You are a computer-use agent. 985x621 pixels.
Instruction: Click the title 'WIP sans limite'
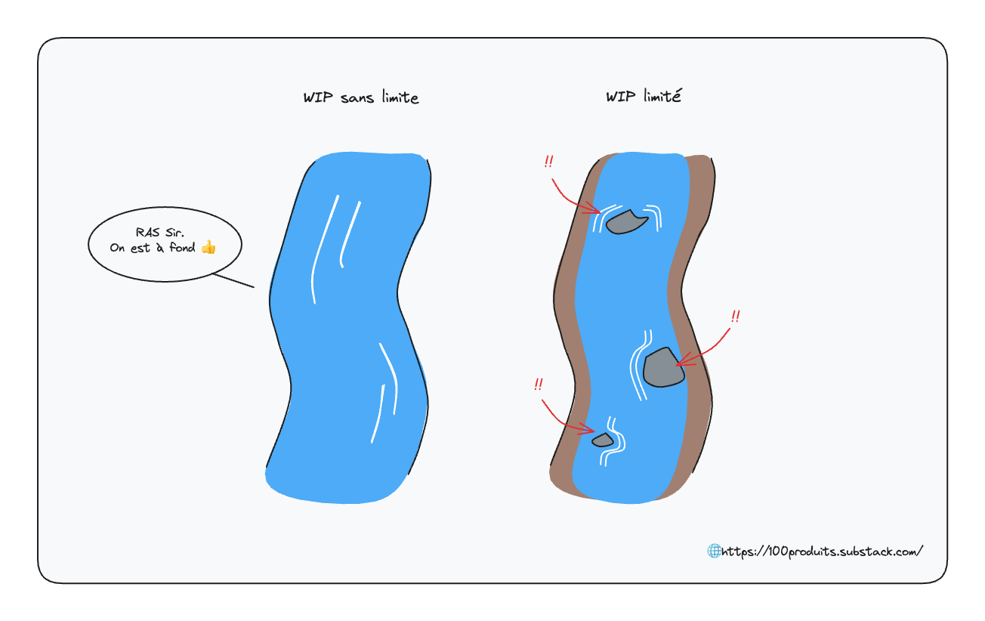361,97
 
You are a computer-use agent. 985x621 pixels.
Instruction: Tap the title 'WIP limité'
644,96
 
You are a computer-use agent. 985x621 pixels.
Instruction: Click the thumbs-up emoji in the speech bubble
209,247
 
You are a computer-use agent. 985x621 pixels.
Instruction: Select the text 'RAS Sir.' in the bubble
159,232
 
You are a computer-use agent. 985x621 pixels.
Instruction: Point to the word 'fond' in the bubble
182,247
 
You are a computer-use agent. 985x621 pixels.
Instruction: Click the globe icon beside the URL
714,551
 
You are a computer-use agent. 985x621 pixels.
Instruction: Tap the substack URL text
822,551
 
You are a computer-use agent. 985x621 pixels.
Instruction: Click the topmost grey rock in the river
626,222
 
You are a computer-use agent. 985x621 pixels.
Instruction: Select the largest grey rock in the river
663,368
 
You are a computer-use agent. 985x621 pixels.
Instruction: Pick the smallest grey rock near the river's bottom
603,440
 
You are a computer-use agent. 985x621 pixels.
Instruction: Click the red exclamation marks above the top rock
548,162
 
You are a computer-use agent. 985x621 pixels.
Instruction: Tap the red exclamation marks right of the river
736,317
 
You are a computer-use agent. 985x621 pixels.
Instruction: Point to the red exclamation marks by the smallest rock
539,385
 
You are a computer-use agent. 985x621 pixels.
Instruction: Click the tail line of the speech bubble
233,280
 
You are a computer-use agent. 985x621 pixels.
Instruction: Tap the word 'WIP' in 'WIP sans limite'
318,97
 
